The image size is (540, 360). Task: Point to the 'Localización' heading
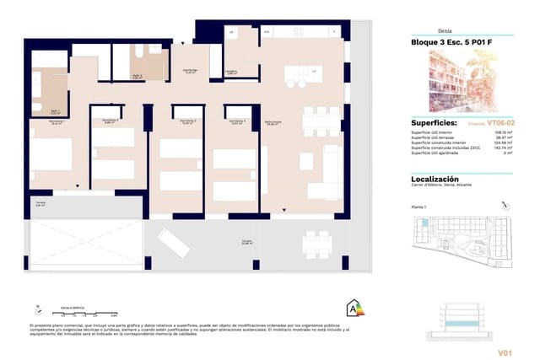[x=435, y=180]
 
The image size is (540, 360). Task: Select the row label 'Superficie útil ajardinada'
[x=434, y=153]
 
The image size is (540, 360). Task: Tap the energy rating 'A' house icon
[x=347, y=309]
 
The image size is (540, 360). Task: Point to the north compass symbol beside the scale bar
[x=36, y=310]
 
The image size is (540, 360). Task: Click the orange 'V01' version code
[x=505, y=352]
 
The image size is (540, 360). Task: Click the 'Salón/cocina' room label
[x=272, y=123]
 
